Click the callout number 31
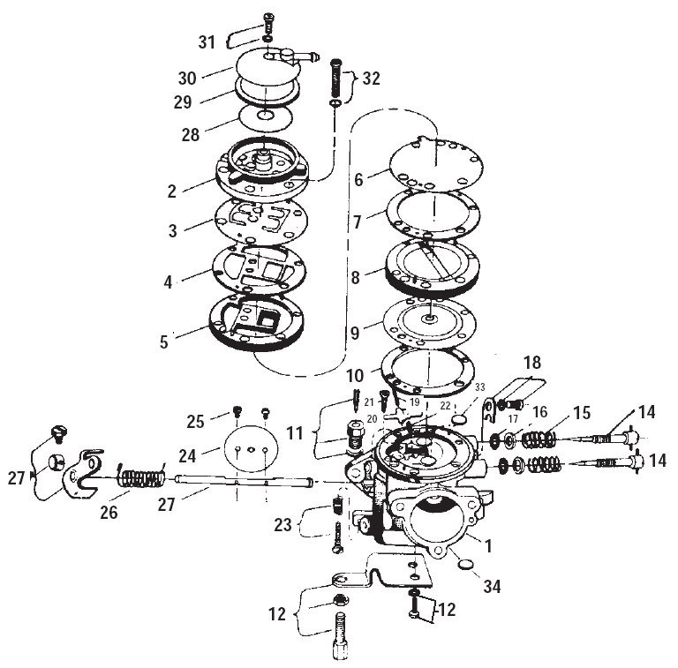pyautogui.click(x=207, y=42)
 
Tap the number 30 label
pyautogui.click(x=187, y=79)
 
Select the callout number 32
pyautogui.click(x=371, y=79)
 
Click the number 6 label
pyautogui.click(x=358, y=180)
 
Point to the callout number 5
pyautogui.click(x=164, y=342)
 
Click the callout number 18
pyautogui.click(x=532, y=363)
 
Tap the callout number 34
pyautogui.click(x=492, y=586)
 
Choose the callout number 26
pyautogui.click(x=109, y=513)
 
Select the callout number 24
pyautogui.click(x=187, y=456)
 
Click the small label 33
pyautogui.click(x=480, y=387)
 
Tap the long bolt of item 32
pyautogui.click(x=336, y=79)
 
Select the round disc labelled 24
pyautogui.click(x=252, y=449)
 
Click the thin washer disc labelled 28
pyautogui.click(x=265, y=116)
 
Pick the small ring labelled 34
pyautogui.click(x=466, y=565)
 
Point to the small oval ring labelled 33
pyautogui.click(x=460, y=419)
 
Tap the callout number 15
pyautogui.click(x=582, y=413)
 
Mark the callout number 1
pyautogui.click(x=488, y=546)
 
